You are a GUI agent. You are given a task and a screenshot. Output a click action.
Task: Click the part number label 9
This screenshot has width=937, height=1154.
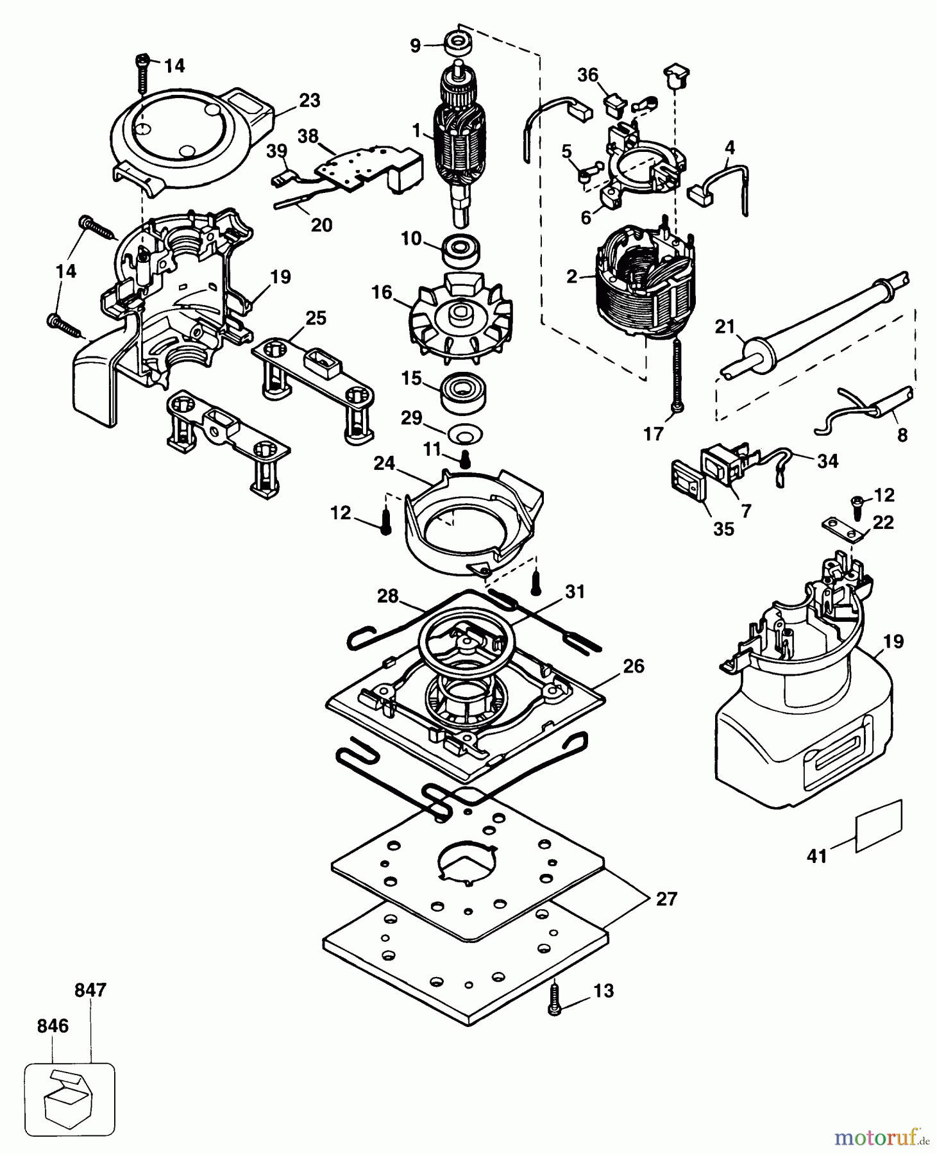[416, 46]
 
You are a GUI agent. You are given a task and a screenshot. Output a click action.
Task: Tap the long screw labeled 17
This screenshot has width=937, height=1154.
[675, 375]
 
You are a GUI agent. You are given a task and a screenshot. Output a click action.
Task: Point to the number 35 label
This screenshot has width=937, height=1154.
[723, 529]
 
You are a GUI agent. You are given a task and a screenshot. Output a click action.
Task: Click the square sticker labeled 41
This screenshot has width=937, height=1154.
[880, 826]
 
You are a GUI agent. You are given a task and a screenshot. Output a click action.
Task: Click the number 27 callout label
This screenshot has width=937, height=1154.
[667, 899]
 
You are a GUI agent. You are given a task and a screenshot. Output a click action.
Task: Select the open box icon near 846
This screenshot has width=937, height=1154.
[69, 1100]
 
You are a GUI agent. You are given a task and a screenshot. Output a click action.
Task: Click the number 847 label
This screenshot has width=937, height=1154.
[90, 990]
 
